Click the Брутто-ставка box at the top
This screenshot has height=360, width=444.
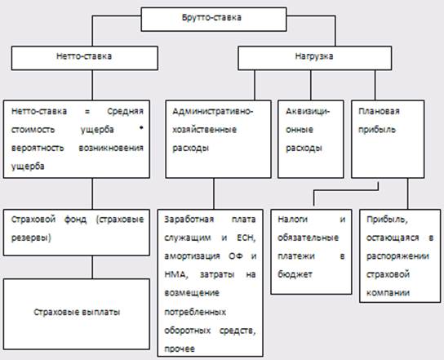click(x=214, y=20)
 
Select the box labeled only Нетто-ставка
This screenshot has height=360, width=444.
click(x=85, y=58)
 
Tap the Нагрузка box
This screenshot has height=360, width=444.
click(x=314, y=58)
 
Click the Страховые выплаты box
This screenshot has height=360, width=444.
click(x=77, y=313)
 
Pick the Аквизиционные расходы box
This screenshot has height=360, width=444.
click(x=311, y=139)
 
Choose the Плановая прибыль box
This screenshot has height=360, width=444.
click(x=388, y=139)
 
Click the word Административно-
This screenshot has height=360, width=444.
click(x=213, y=111)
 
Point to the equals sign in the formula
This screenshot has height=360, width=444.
click(x=87, y=112)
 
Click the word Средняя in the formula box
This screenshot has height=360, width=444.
click(x=126, y=112)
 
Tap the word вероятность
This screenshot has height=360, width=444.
click(x=38, y=148)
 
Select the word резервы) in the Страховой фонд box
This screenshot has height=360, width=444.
click(x=31, y=238)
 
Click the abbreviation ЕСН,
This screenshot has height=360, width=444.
click(x=246, y=238)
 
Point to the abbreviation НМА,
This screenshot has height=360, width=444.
click(x=176, y=274)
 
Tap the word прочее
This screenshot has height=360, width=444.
click(x=180, y=349)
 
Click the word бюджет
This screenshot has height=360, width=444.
click(x=295, y=274)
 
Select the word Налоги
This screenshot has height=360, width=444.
click(x=292, y=220)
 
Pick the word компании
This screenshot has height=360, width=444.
click(x=388, y=292)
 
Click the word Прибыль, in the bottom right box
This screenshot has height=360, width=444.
click(x=387, y=220)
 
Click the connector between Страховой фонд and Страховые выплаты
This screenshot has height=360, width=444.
click(x=92, y=267)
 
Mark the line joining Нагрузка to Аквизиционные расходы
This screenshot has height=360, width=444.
click(x=311, y=85)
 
